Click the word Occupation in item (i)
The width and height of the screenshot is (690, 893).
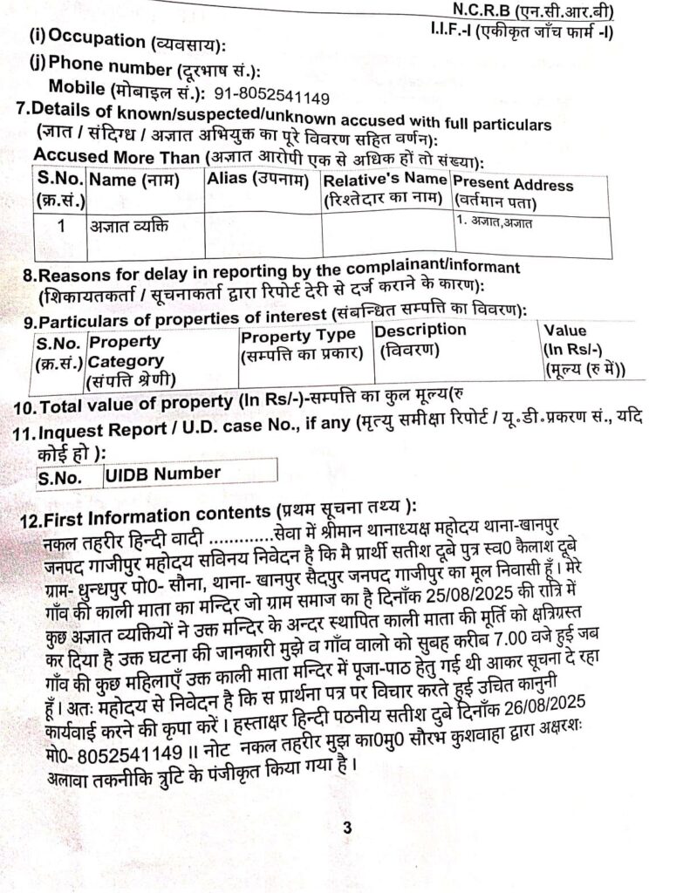coord(97,40)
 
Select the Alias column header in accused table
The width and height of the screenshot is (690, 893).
coord(259,180)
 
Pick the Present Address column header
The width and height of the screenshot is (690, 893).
coord(513,185)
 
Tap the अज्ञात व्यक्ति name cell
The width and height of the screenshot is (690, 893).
coord(127,227)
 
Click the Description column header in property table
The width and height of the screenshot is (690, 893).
coord(420,331)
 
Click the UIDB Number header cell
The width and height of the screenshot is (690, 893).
coord(161,474)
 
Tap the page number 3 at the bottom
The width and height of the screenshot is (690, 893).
coord(346,828)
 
